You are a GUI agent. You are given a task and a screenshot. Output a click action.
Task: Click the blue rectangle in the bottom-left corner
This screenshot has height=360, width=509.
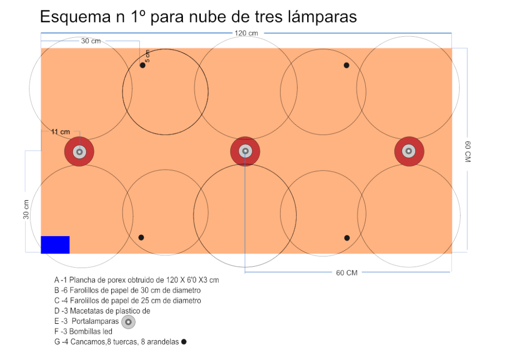(x=55, y=245)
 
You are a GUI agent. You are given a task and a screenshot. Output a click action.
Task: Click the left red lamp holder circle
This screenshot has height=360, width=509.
(x=79, y=152)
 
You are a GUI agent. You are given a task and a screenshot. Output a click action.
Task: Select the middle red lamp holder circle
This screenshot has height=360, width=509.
(x=245, y=151)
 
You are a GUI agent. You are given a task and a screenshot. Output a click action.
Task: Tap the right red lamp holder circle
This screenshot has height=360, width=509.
(x=409, y=151)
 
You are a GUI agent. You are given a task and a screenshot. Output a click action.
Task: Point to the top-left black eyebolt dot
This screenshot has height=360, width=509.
(x=143, y=65)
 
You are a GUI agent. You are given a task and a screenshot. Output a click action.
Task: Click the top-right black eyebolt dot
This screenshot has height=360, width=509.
(x=346, y=65)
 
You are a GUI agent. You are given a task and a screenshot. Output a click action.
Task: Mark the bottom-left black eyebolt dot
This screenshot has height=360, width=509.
(x=141, y=238)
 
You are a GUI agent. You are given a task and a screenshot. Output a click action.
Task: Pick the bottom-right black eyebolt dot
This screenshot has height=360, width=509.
(x=347, y=238)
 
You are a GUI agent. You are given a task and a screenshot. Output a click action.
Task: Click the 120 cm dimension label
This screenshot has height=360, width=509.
(x=246, y=33)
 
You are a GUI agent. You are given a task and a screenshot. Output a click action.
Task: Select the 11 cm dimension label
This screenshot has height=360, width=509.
(x=60, y=132)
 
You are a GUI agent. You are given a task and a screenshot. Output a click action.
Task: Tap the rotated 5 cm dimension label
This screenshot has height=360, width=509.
(x=147, y=56)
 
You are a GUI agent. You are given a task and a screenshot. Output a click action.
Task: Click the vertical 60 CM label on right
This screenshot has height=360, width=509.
(x=467, y=152)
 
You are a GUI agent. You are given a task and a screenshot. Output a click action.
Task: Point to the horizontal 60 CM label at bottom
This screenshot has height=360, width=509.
(x=346, y=272)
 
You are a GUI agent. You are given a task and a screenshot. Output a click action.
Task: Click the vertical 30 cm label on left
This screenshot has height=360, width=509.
(x=26, y=209)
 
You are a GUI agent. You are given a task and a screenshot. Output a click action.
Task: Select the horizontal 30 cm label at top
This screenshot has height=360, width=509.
(x=91, y=41)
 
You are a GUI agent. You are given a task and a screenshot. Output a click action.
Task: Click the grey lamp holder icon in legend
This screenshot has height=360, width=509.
(x=128, y=322)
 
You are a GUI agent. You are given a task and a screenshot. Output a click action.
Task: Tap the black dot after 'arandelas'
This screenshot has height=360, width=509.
(x=184, y=342)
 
